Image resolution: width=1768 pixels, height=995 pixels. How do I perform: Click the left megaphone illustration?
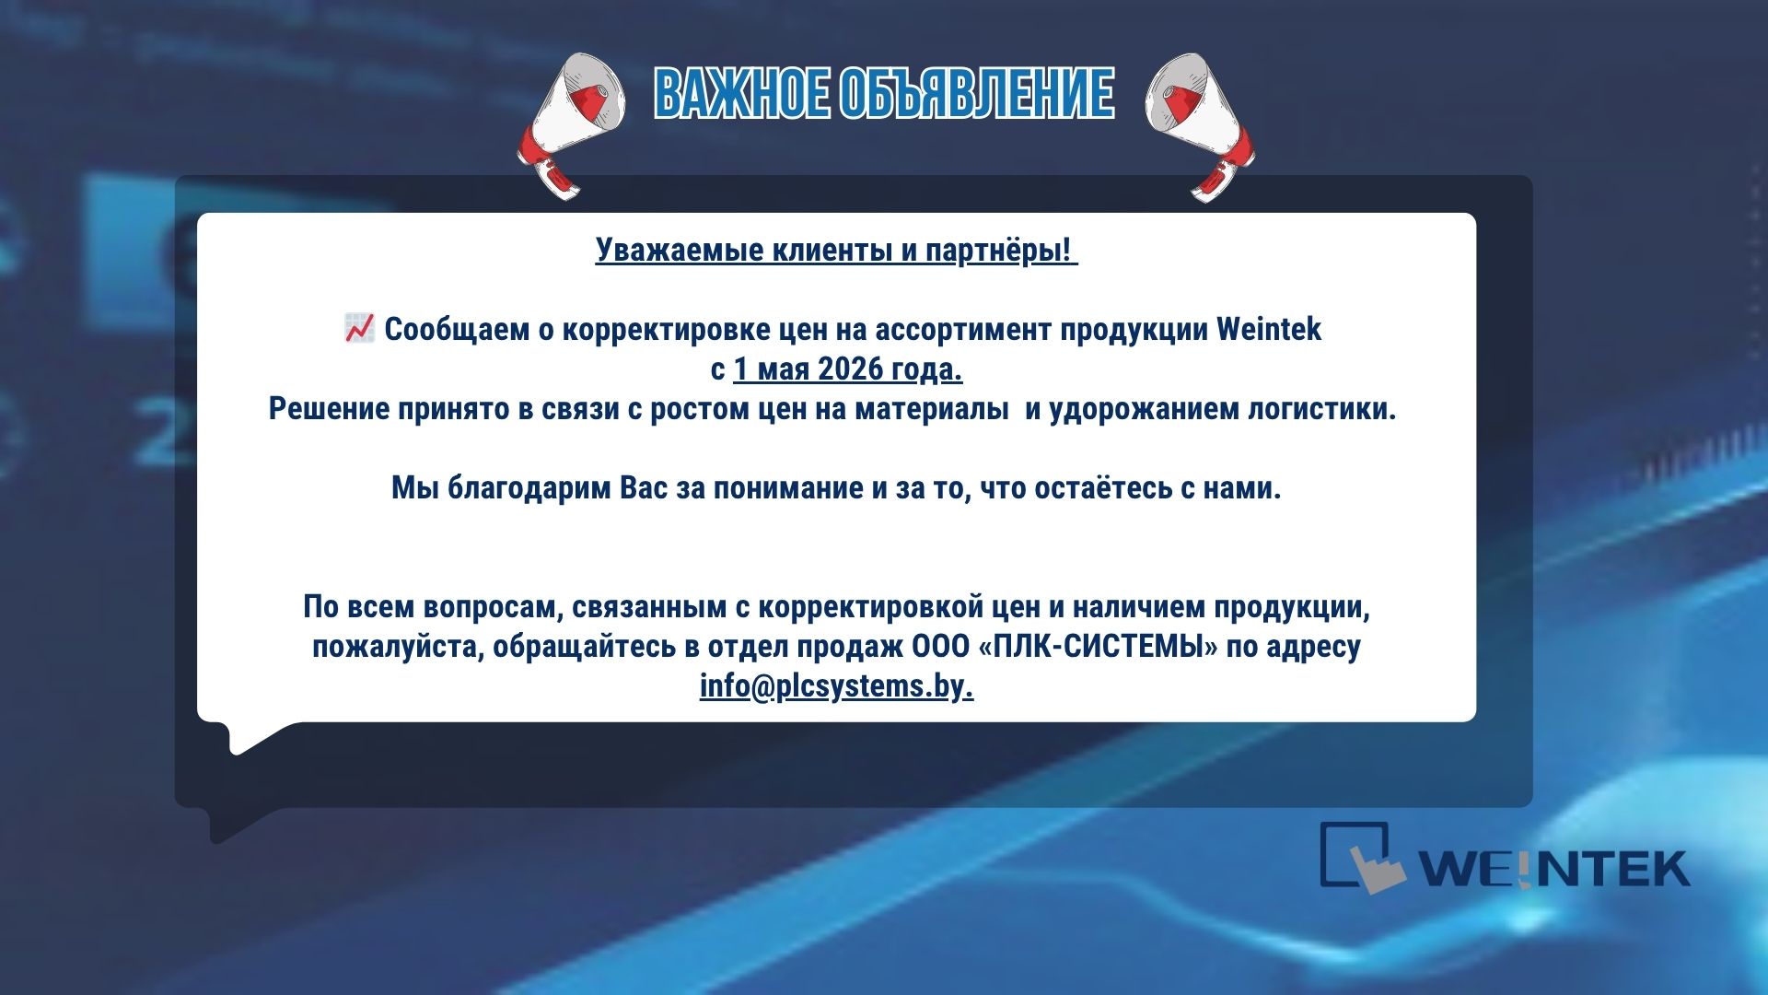tap(572, 123)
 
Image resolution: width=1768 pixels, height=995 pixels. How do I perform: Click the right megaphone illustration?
tap(1200, 125)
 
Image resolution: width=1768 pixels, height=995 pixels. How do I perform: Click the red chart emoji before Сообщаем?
tap(359, 328)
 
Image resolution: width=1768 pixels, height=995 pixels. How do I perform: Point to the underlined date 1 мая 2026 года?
tap(848, 369)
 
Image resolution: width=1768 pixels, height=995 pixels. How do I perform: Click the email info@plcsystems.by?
tap(836, 686)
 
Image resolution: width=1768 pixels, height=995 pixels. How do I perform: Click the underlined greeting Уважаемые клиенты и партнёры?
tap(835, 250)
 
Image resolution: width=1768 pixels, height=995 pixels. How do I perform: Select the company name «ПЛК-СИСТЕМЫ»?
tap(1099, 647)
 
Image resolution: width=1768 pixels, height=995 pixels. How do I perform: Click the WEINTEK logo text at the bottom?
tap(1553, 868)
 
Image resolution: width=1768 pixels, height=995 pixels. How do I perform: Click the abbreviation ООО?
tap(941, 647)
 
